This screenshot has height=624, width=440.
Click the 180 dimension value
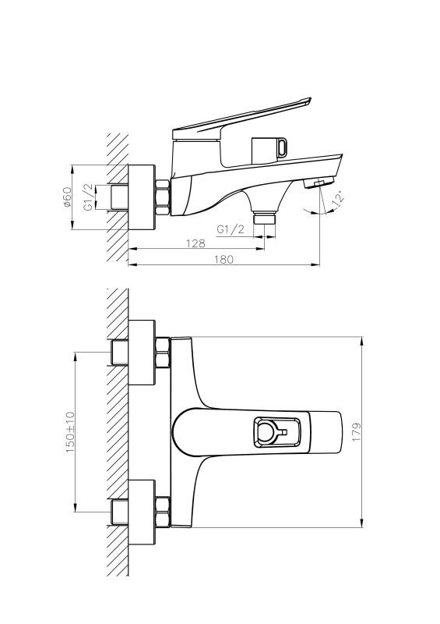point(224,259)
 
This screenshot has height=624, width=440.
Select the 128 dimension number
point(195,243)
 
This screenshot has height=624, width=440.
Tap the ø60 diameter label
point(66,197)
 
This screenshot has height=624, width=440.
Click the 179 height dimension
point(357,432)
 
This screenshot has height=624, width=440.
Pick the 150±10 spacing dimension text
point(70,432)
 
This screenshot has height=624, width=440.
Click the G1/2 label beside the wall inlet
point(88,197)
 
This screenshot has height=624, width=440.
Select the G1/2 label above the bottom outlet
point(231,229)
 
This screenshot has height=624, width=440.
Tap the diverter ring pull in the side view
point(283,147)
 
